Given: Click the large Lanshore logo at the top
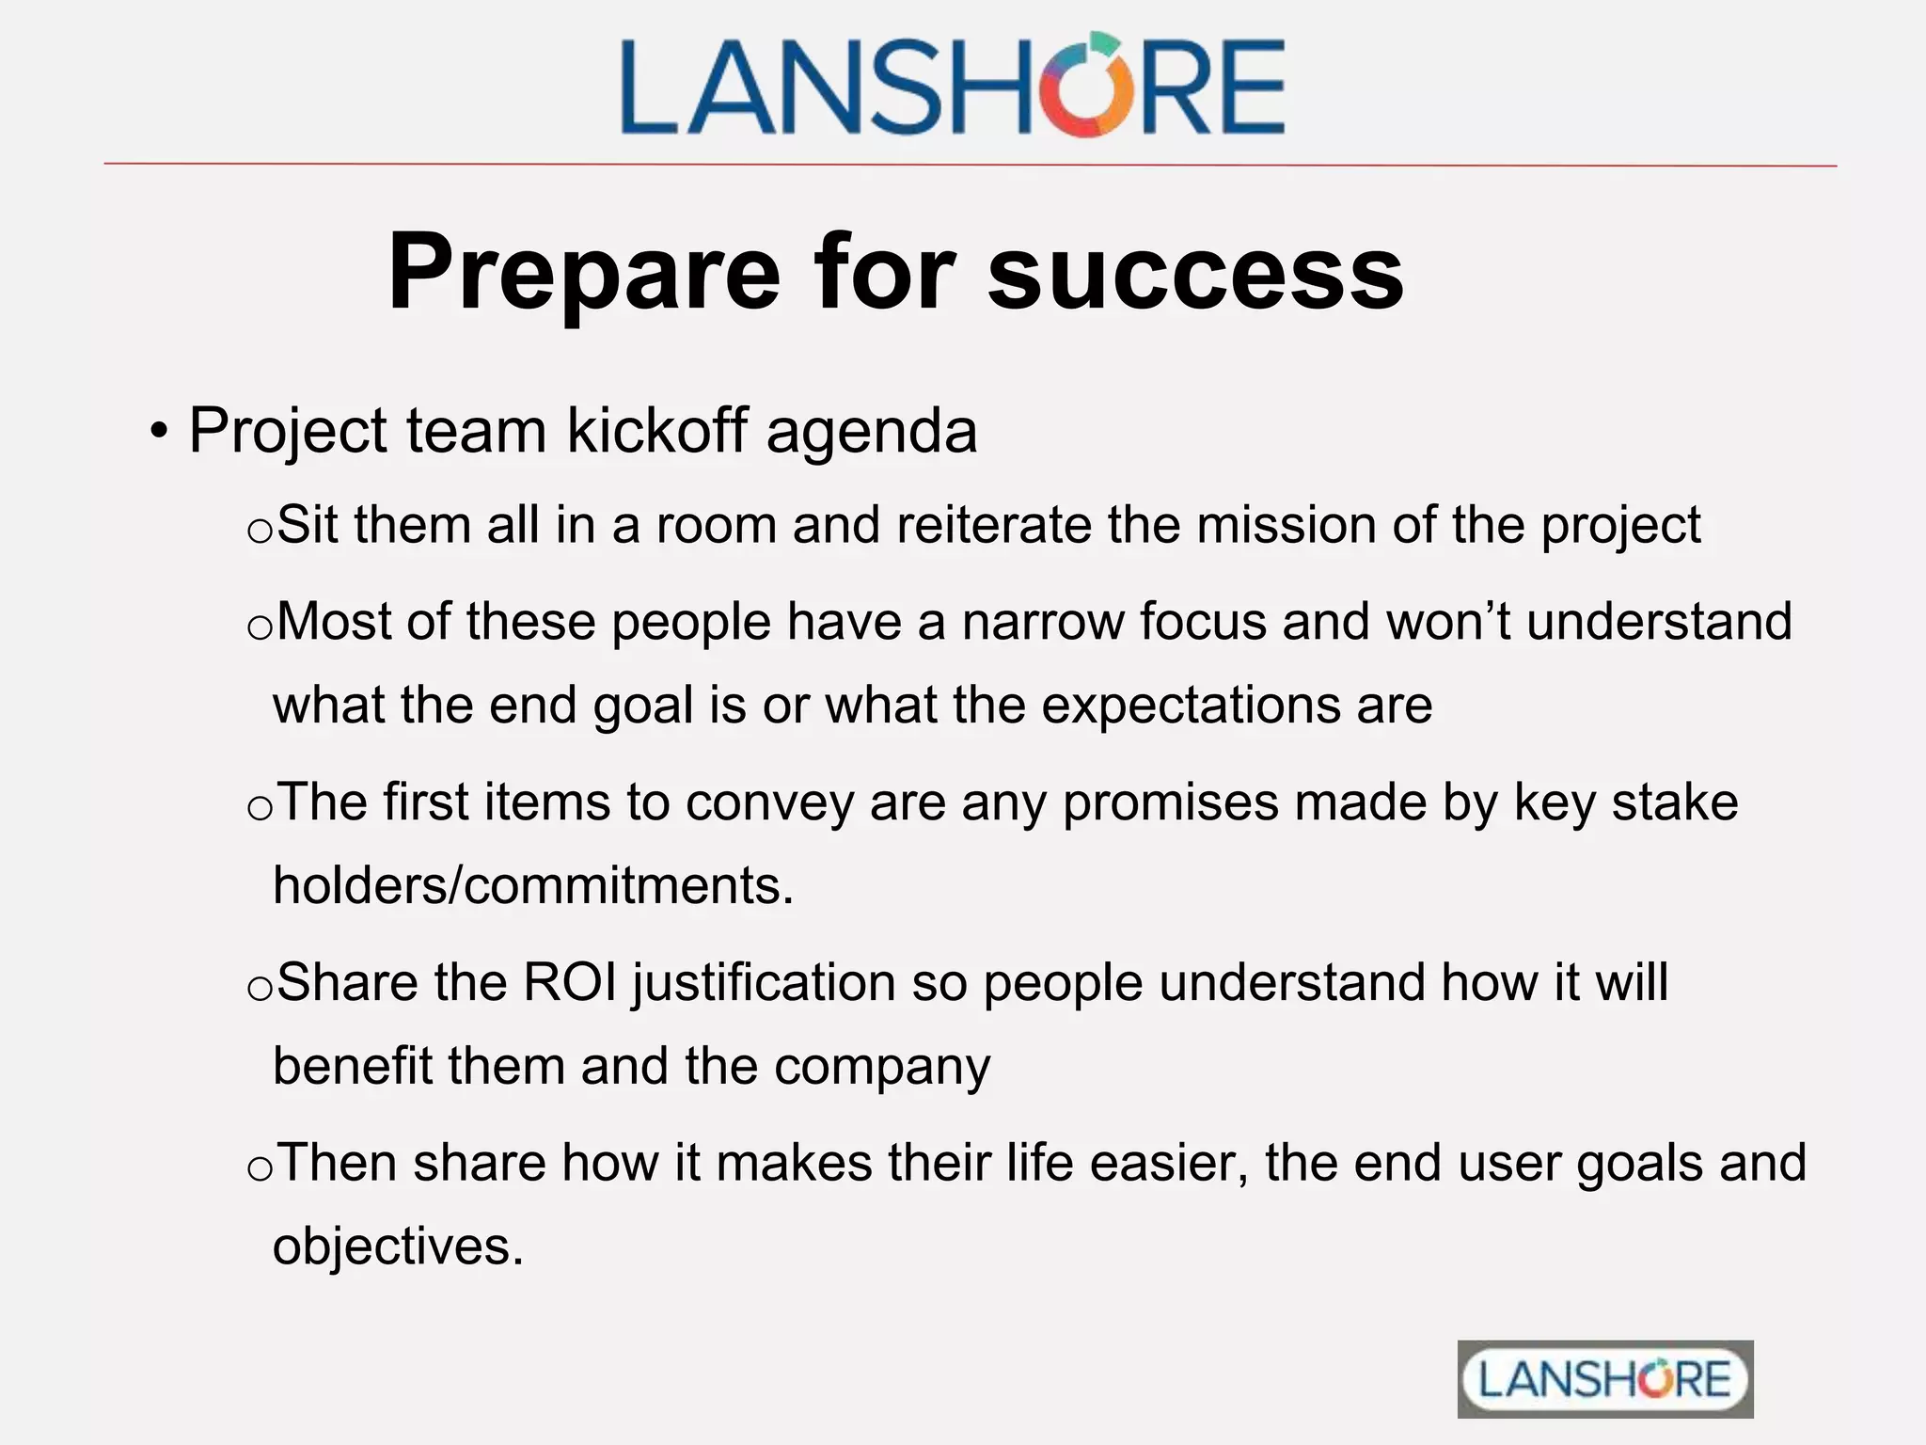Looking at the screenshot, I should click(952, 86).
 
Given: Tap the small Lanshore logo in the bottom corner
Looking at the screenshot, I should click(1604, 1379).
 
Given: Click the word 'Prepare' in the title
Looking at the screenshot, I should click(583, 272).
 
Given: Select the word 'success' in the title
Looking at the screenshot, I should click(1195, 272).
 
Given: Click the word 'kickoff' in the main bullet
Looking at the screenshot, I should click(657, 431).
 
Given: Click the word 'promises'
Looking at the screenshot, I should click(1170, 802).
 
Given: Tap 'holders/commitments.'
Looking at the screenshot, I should click(533, 886).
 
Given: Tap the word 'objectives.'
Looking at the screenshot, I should click(398, 1247).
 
